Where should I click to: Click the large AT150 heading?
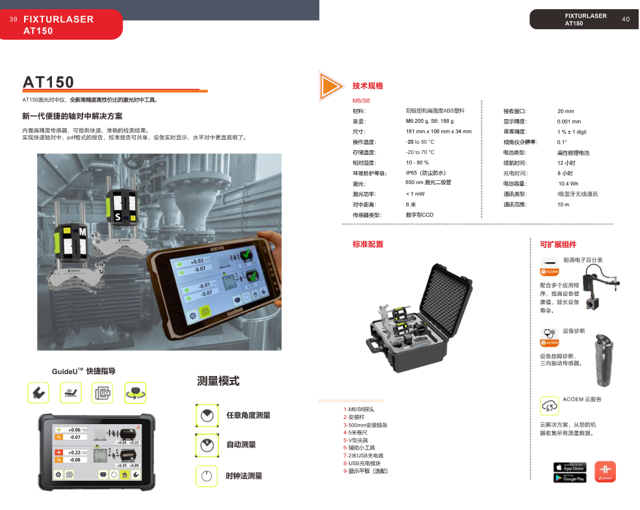pos(49,82)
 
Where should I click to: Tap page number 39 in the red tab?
pos(13,20)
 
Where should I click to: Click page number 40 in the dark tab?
pos(626,20)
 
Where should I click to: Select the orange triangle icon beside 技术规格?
pos(330,86)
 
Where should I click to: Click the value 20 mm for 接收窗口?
pos(565,111)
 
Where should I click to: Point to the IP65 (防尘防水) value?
pos(426,173)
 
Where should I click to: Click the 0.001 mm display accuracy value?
pos(569,122)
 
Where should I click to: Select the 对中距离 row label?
pos(364,204)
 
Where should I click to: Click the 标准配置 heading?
pos(368,245)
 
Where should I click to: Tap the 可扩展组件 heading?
pos(558,245)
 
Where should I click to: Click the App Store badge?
pos(569,467)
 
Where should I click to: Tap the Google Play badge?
pos(569,478)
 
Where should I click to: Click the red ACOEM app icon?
pos(605,472)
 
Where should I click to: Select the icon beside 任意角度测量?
pos(206,415)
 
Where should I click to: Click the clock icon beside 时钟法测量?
pos(206,476)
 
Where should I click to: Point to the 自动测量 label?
pos(240,445)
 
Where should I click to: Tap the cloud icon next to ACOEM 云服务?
pos(549,405)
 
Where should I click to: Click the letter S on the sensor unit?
pos(118,216)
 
